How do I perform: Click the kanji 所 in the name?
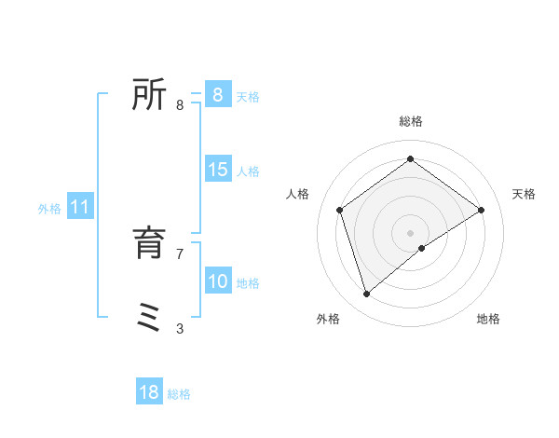click(149, 95)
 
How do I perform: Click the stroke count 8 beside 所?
click(180, 104)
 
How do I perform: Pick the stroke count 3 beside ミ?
click(180, 328)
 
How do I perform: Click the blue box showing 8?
click(217, 95)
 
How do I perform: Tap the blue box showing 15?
click(217, 170)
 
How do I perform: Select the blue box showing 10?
click(217, 281)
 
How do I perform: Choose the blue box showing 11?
click(79, 207)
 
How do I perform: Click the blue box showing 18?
click(149, 392)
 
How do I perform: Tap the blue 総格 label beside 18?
click(179, 394)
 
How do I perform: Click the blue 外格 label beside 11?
click(49, 209)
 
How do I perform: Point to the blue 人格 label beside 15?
click(248, 171)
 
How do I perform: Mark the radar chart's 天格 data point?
click(481, 210)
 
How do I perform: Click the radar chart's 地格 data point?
click(422, 248)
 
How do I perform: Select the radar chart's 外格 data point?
click(367, 294)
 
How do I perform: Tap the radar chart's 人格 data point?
click(340, 210)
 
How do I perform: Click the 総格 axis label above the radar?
click(411, 121)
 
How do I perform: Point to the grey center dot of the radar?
click(411, 232)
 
